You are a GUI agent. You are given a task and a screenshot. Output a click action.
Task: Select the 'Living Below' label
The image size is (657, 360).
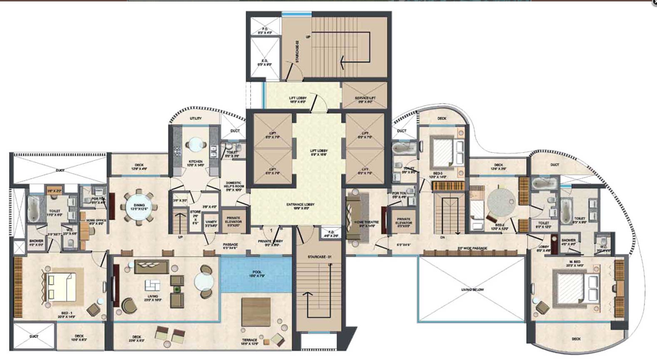pos(472,289)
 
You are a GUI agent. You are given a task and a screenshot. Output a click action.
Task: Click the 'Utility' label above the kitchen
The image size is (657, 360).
pos(195,118)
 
